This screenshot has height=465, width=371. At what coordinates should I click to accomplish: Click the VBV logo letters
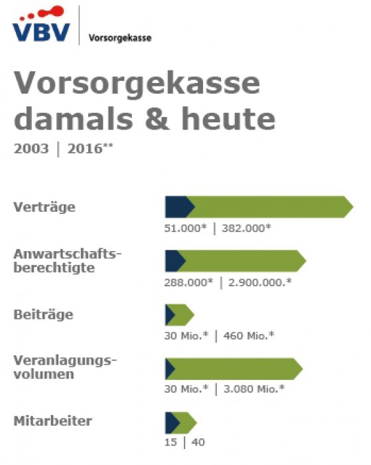[x=41, y=32]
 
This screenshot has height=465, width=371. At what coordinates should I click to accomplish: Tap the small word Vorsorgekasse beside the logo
[x=120, y=38]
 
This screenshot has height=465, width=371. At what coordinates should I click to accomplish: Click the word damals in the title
[x=73, y=119]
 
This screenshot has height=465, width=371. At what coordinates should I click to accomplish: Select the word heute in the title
[x=228, y=119]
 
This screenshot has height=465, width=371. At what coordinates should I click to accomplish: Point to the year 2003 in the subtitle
[x=31, y=149]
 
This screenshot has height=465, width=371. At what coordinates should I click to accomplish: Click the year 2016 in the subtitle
[x=86, y=149]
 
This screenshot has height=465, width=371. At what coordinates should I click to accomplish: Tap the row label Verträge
[x=44, y=207]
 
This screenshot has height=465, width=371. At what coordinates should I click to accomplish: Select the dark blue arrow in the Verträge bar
[x=179, y=207]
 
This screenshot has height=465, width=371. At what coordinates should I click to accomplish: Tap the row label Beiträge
[x=43, y=314]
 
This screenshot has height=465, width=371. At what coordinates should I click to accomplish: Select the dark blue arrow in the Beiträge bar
[x=170, y=315]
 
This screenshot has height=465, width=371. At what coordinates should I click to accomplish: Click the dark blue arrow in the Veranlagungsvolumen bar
[x=170, y=369]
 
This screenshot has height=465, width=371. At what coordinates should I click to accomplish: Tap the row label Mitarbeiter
[x=52, y=421]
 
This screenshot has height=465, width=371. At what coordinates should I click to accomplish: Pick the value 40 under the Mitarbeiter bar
[x=198, y=442]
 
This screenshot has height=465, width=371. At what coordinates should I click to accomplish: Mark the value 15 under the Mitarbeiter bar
[x=171, y=442]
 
